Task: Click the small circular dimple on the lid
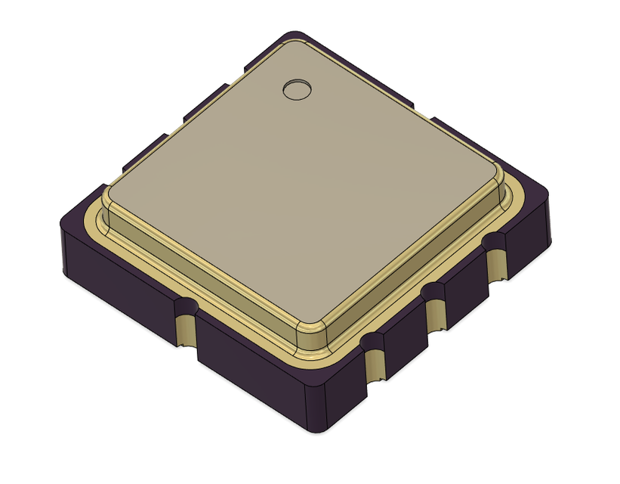tap(296, 89)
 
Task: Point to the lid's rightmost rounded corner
tap(499, 181)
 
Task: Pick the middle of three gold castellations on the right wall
tap(436, 315)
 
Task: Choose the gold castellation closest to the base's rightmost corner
tap(496, 265)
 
